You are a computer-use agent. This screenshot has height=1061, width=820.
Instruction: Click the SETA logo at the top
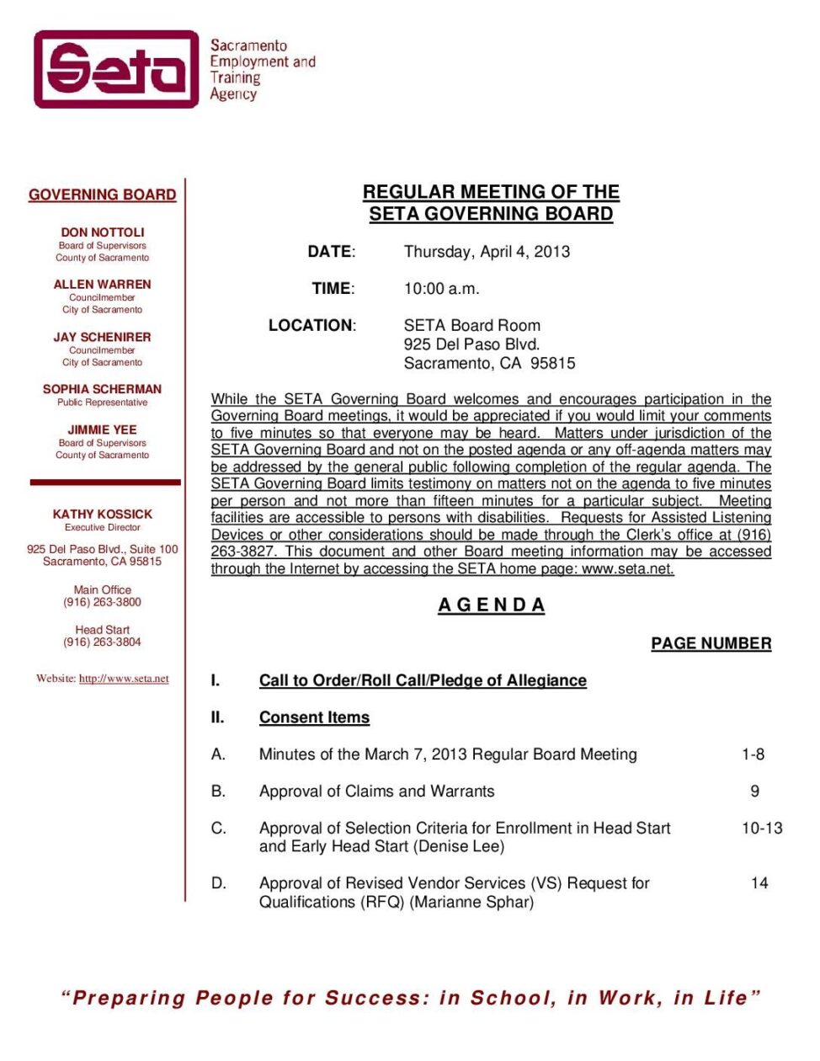click(x=116, y=69)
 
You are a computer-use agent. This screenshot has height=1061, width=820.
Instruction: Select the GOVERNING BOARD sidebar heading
click(x=103, y=195)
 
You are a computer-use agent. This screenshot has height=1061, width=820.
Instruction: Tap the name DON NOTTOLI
click(x=103, y=232)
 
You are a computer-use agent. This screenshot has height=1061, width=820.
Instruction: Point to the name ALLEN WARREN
click(x=103, y=285)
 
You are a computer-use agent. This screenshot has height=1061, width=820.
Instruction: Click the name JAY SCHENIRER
click(x=103, y=337)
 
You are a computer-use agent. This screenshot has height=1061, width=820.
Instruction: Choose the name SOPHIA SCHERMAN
click(x=103, y=389)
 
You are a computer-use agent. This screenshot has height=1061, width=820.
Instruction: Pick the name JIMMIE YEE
click(x=103, y=429)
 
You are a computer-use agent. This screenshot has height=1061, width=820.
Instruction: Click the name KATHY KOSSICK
click(x=103, y=514)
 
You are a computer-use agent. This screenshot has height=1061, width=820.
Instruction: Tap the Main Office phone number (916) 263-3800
click(x=103, y=602)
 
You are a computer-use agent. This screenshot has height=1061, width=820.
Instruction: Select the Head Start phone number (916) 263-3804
click(x=103, y=642)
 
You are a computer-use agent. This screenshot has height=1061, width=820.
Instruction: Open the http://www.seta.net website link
click(x=124, y=679)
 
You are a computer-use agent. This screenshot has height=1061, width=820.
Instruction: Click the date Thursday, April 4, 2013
click(x=487, y=252)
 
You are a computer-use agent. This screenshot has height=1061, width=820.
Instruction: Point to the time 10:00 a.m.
click(x=441, y=289)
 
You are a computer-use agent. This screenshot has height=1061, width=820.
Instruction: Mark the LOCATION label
click(x=311, y=326)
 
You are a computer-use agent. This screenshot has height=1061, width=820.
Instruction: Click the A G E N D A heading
click(x=492, y=605)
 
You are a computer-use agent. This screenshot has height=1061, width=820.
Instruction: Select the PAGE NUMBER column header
click(x=711, y=643)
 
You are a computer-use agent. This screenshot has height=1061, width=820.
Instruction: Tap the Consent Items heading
click(x=314, y=717)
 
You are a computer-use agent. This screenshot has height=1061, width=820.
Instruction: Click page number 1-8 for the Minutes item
click(x=753, y=754)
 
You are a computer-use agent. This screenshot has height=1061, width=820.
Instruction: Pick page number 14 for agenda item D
click(x=759, y=883)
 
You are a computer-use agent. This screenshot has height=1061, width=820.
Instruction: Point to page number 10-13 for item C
click(x=761, y=829)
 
